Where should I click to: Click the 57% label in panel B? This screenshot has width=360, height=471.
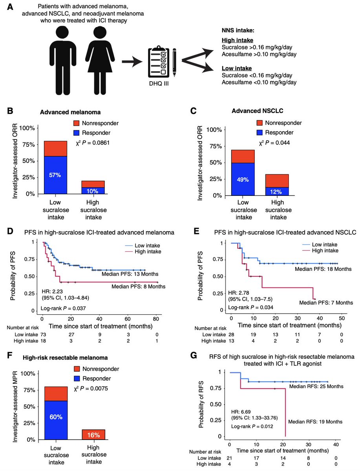pos(55,175)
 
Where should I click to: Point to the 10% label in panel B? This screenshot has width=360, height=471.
pos(93,190)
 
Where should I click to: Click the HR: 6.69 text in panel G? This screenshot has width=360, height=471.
pos(240,412)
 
